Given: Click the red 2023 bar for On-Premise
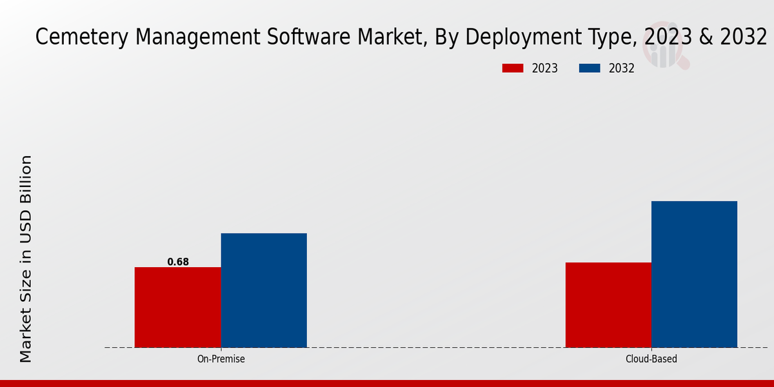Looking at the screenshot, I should click(177, 307).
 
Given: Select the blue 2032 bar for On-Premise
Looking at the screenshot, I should click(264, 290).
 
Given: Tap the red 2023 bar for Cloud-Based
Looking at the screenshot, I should click(608, 304).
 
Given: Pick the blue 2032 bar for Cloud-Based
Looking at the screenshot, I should click(694, 274).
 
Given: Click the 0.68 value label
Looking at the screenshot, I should click(178, 262).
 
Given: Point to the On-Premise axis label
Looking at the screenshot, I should click(221, 359).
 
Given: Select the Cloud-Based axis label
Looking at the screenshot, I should click(651, 359).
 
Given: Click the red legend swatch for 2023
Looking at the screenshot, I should click(513, 68).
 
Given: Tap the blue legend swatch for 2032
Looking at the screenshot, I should click(590, 68).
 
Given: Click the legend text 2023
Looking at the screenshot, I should click(545, 68).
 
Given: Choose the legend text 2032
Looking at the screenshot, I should click(622, 68).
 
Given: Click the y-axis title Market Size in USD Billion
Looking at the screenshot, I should click(26, 258).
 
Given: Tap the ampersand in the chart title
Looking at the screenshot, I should click(707, 37).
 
